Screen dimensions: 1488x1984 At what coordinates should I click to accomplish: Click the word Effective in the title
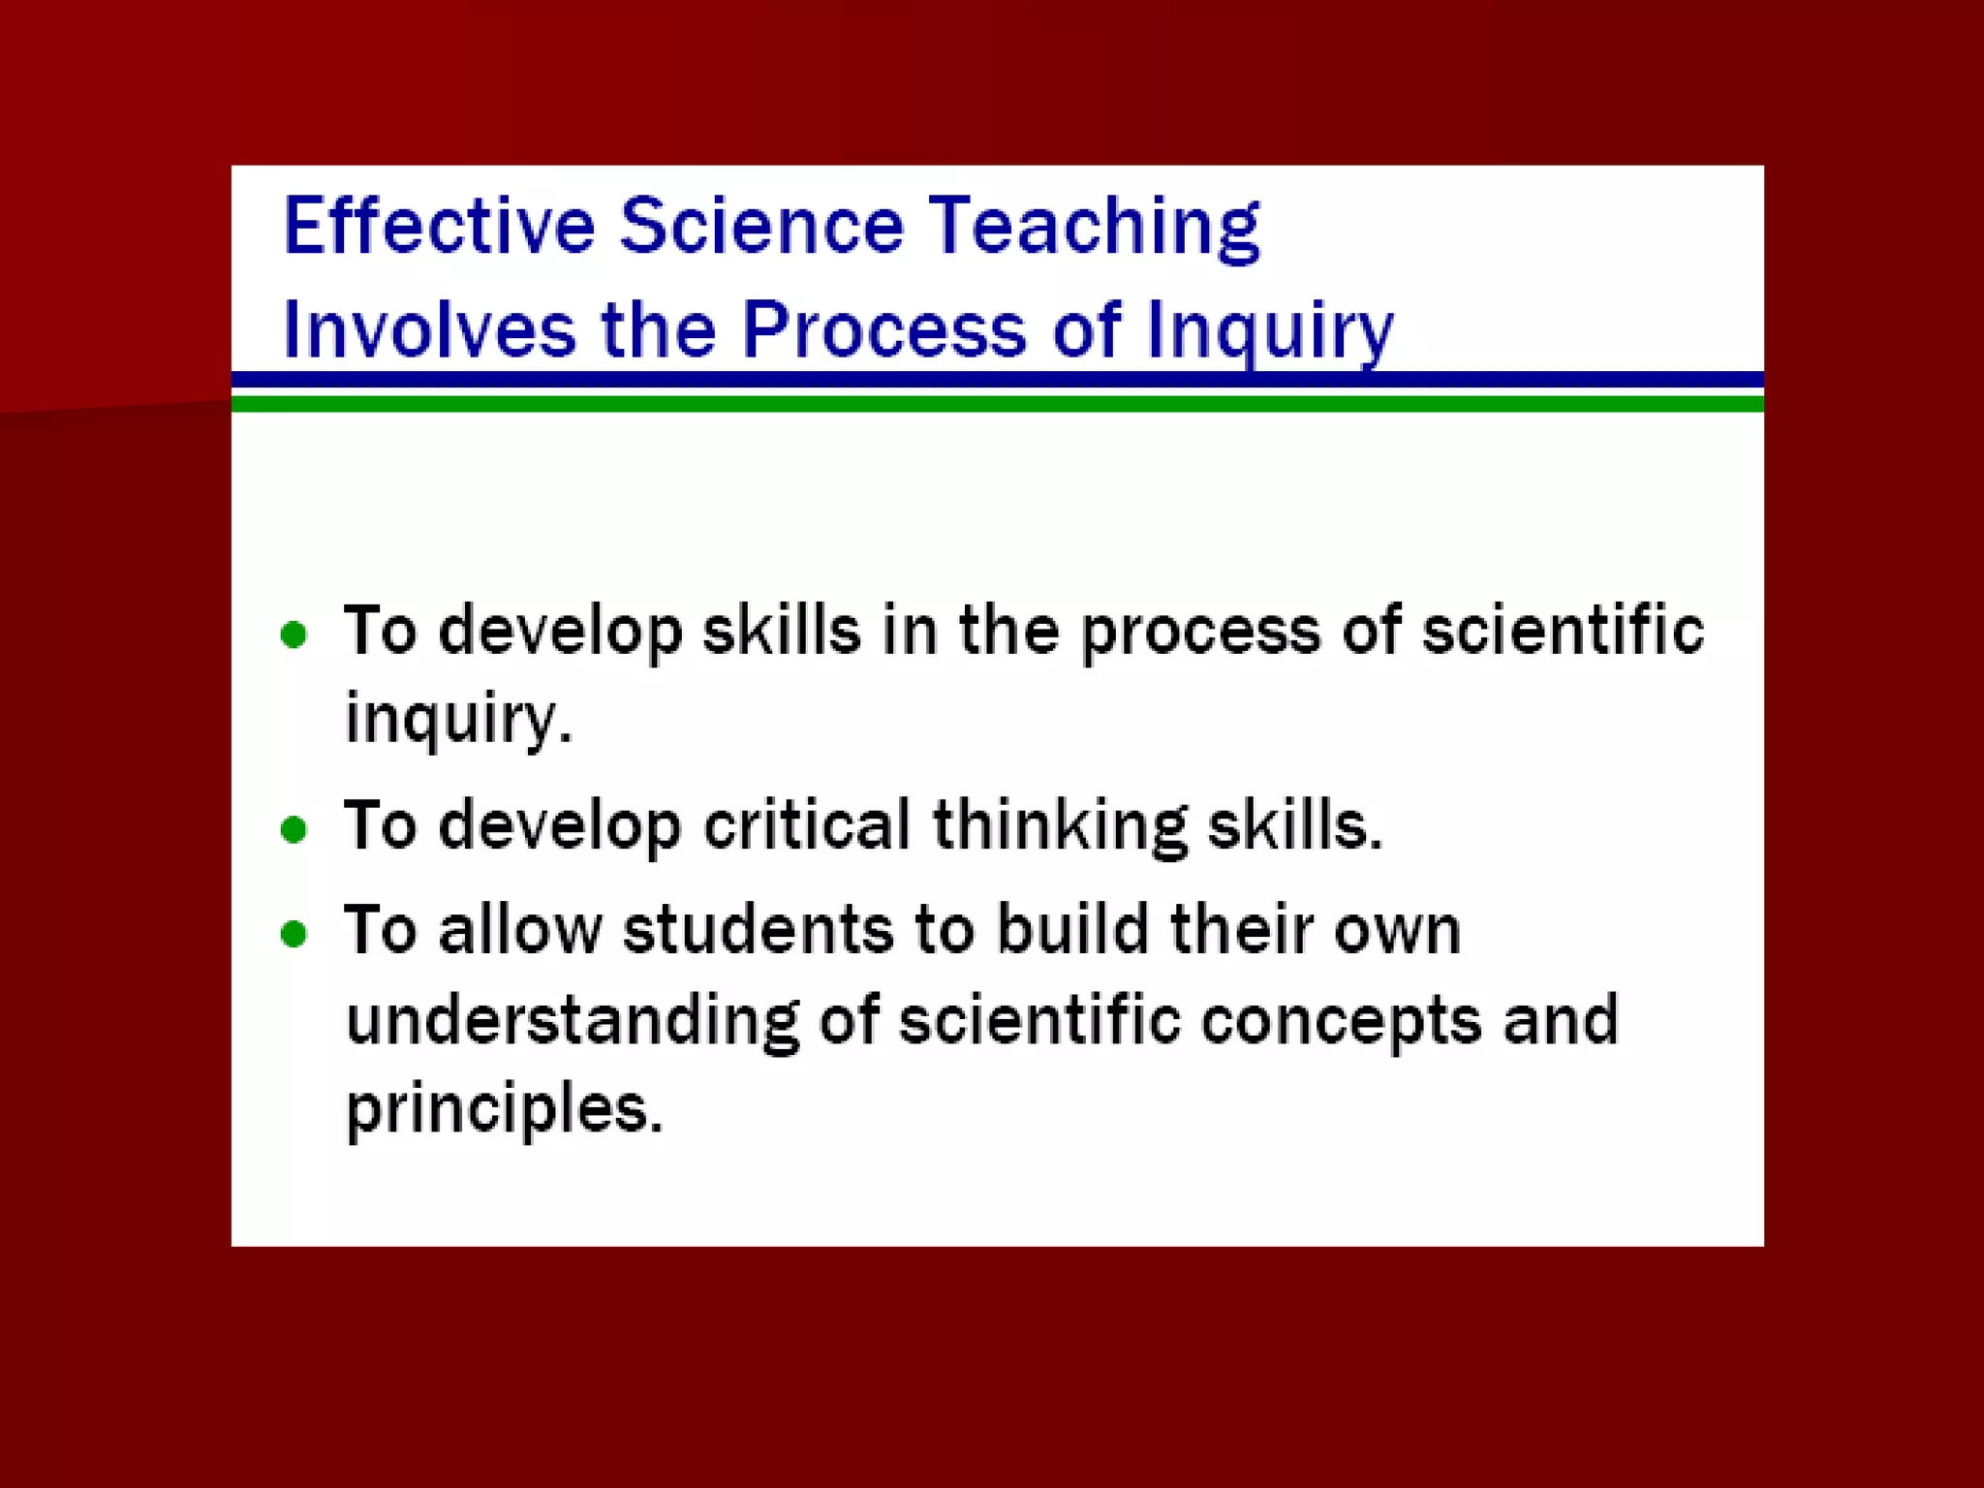tap(438, 226)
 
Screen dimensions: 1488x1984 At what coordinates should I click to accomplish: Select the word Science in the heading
tap(761, 226)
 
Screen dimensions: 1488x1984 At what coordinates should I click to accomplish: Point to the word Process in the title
tap(883, 329)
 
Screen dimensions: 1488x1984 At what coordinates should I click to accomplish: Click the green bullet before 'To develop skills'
tap(294, 635)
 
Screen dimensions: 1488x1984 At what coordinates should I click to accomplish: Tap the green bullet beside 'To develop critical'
tap(294, 829)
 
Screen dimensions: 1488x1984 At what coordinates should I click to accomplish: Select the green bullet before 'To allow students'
tap(294, 933)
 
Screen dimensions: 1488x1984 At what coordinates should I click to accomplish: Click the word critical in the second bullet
tap(806, 825)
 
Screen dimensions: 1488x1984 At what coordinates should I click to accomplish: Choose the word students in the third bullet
tap(757, 929)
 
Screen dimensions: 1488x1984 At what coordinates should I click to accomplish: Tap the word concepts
tap(1342, 1022)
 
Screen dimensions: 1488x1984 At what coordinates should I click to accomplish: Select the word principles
tap(504, 1109)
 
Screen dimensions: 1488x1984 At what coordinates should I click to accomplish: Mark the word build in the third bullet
tap(1072, 929)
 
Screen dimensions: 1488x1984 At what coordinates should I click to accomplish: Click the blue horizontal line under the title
tap(997, 379)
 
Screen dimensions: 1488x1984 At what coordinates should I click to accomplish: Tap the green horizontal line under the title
tap(997, 404)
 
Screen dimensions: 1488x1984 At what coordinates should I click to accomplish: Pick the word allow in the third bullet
tap(520, 929)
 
